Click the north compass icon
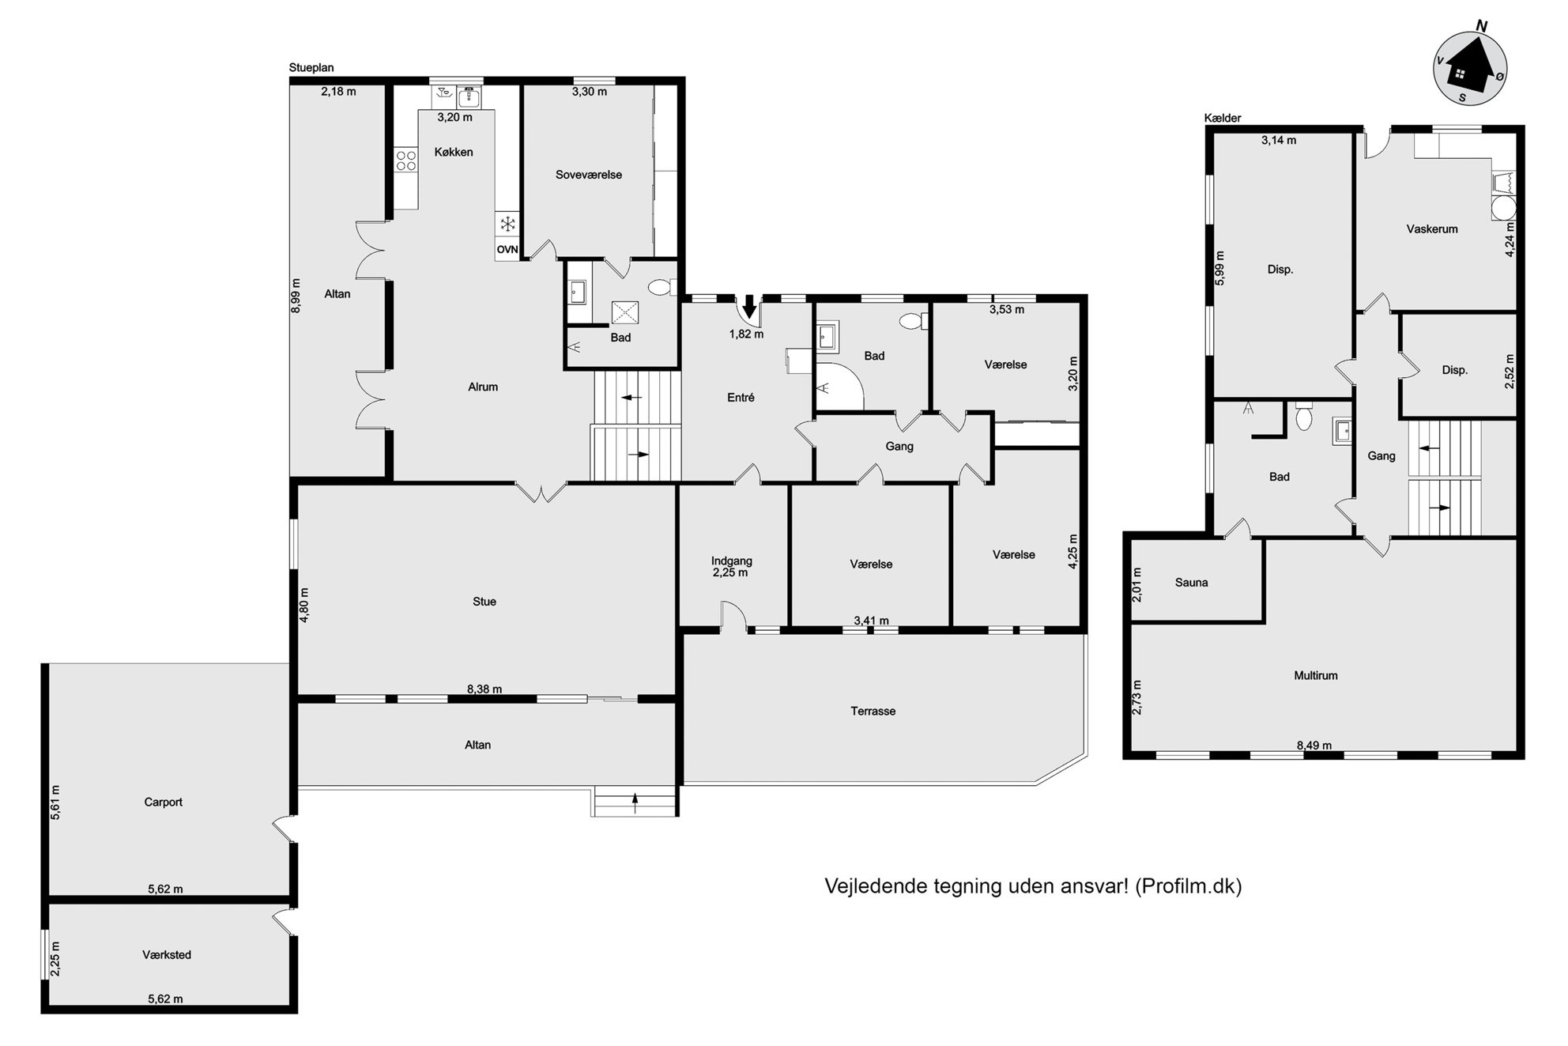pyautogui.click(x=1470, y=70)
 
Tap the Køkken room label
pyautogui.click(x=454, y=152)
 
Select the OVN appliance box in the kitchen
pyautogui.click(x=507, y=249)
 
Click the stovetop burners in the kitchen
pyautogui.click(x=406, y=160)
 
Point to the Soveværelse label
pyautogui.click(x=589, y=175)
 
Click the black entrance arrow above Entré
pyautogui.click(x=749, y=307)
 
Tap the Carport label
pyautogui.click(x=164, y=802)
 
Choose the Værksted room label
pyautogui.click(x=167, y=954)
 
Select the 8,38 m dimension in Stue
pyautogui.click(x=484, y=689)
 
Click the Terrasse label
pyautogui.click(x=873, y=711)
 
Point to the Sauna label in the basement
pyautogui.click(x=1192, y=583)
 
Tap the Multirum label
pyautogui.click(x=1316, y=675)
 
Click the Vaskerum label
pyautogui.click(x=1432, y=229)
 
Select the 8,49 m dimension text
pyautogui.click(x=1314, y=745)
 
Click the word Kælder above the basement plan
pyautogui.click(x=1223, y=118)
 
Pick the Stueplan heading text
pyautogui.click(x=311, y=68)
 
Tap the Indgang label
pyautogui.click(x=732, y=561)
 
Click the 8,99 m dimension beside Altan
pyautogui.click(x=296, y=296)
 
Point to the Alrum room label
pyautogui.click(x=483, y=387)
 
